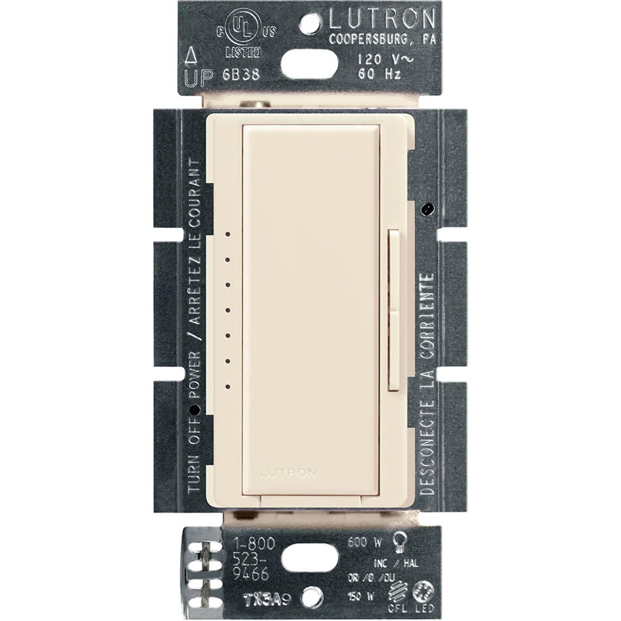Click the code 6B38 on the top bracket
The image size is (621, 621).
tap(241, 74)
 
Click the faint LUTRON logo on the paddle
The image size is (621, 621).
tap(289, 471)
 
